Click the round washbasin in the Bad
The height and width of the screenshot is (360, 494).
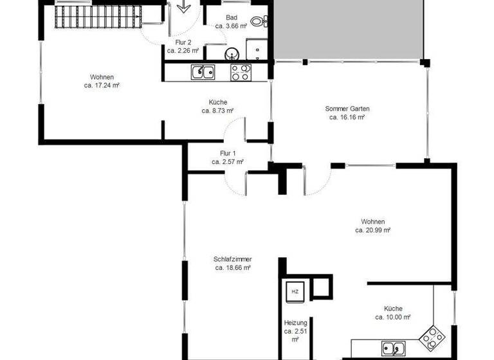pyautogui.click(x=232, y=53)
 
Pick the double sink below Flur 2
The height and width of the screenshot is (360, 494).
pyautogui.click(x=202, y=72)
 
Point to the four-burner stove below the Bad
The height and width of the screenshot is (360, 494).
pyautogui.click(x=241, y=72)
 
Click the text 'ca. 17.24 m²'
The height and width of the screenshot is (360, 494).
pyautogui.click(x=102, y=85)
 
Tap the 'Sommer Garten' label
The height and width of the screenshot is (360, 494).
pyautogui.click(x=347, y=109)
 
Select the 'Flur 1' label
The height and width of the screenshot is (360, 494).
pyautogui.click(x=228, y=154)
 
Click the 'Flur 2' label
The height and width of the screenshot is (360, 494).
pyautogui.click(x=183, y=42)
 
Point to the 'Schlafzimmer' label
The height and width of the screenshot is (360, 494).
pyautogui.click(x=233, y=259)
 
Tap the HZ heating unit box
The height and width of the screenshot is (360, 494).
pyautogui.click(x=295, y=291)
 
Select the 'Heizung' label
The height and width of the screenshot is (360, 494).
pyautogui.click(x=296, y=323)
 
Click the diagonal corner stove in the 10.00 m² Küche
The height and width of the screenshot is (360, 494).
pyautogui.click(x=430, y=336)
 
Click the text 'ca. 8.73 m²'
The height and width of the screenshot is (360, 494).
pyautogui.click(x=217, y=111)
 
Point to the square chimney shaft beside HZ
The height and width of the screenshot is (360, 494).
pyautogui.click(x=321, y=287)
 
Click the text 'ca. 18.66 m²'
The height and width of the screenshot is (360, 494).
pyautogui.click(x=233, y=267)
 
